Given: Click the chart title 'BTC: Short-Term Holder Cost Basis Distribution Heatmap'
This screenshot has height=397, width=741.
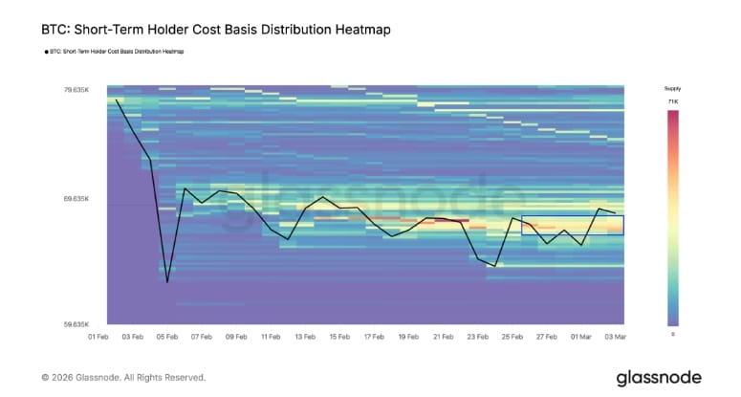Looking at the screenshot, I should click(x=216, y=30).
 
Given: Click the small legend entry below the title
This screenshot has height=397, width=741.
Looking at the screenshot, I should click(x=114, y=52).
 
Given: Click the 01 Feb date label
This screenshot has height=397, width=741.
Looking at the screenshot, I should click(x=99, y=337).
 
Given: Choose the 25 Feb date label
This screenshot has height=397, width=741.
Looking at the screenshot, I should click(x=512, y=337).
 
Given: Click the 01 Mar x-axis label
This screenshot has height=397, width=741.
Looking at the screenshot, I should click(x=580, y=337).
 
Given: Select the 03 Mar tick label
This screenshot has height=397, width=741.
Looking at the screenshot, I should click(x=614, y=337).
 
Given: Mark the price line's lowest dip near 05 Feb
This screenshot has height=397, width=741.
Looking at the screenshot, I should click(x=167, y=282).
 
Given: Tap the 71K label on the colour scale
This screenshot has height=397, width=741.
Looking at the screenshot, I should click(x=672, y=100).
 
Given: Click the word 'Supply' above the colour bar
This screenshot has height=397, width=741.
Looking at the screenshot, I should click(x=672, y=88).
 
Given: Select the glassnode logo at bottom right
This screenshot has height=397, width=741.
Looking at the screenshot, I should click(x=658, y=377).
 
